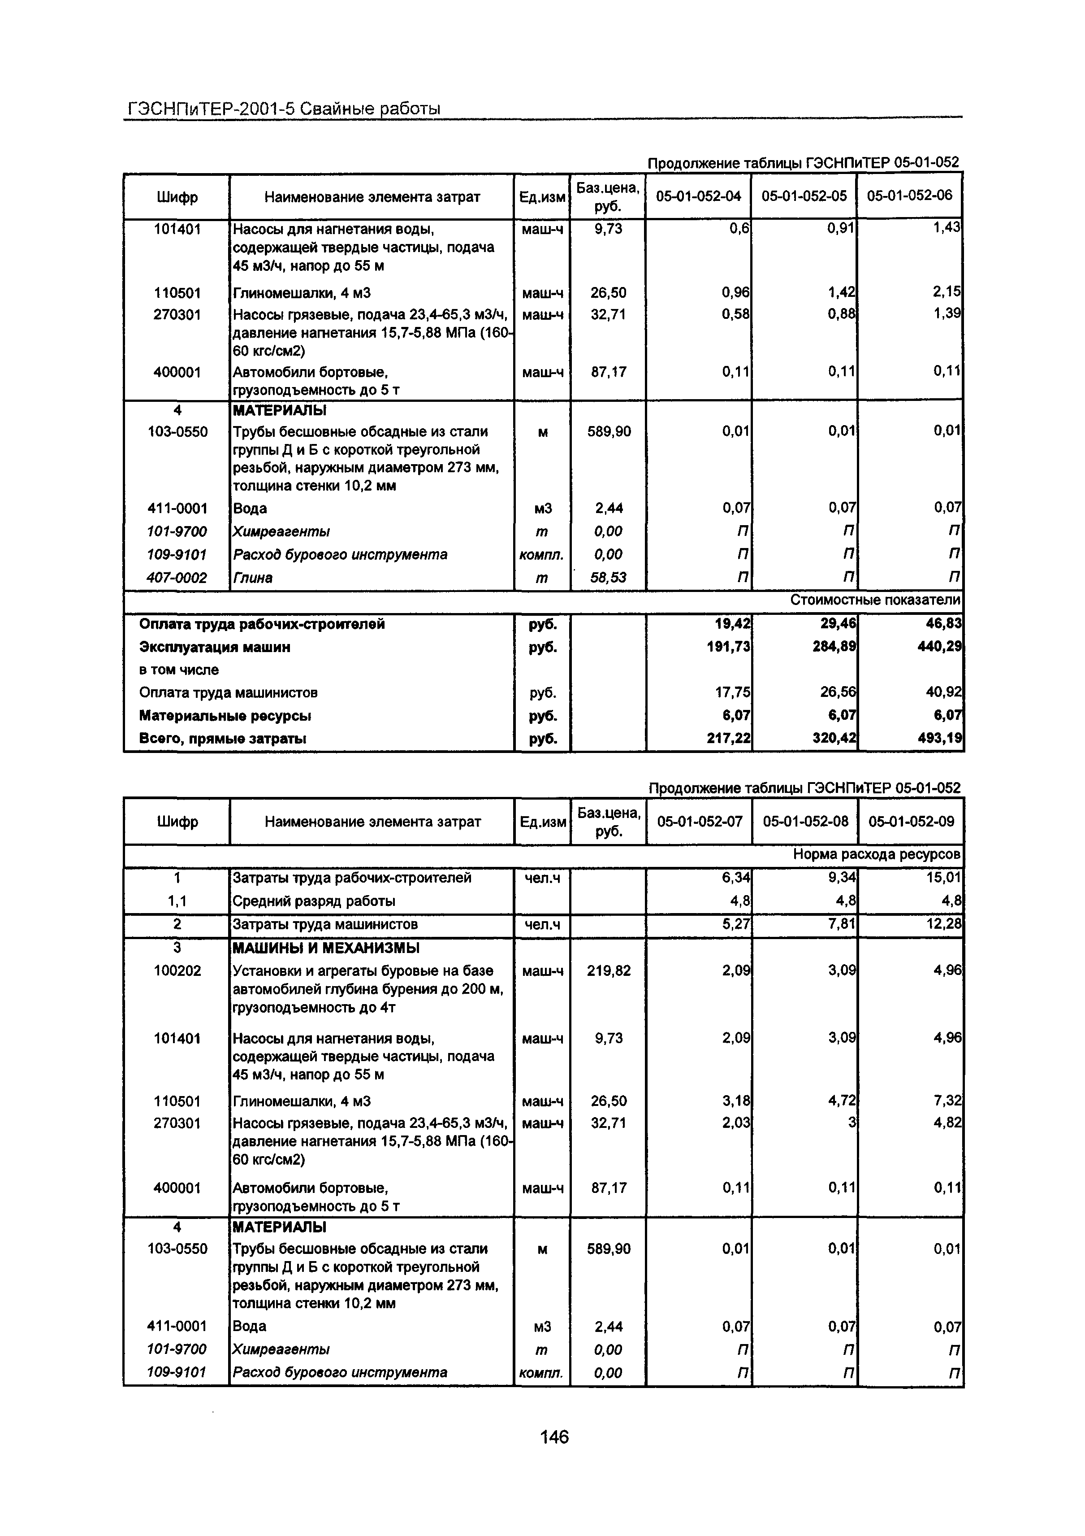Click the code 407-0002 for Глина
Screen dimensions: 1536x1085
177,577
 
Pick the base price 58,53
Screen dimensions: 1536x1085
608,577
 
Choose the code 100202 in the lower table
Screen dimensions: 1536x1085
177,970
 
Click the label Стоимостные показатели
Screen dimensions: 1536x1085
874,600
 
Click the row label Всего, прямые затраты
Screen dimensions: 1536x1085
223,739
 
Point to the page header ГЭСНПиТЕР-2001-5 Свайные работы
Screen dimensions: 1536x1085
283,108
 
